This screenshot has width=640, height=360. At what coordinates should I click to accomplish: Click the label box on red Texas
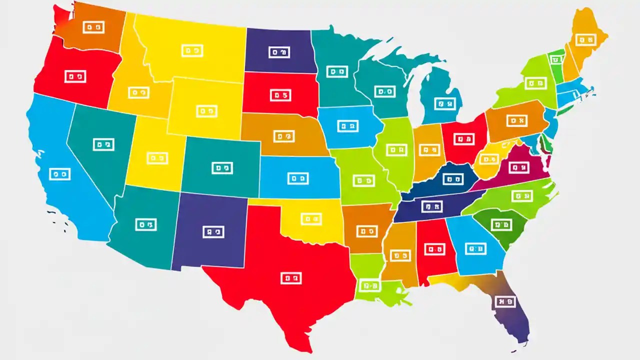point(291,278)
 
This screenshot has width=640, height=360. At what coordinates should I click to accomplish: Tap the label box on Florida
point(504,301)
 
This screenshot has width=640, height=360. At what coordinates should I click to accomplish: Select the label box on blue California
point(60,174)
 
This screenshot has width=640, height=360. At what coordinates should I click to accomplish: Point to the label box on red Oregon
point(75,76)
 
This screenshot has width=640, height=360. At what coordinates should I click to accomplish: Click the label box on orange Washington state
point(93,28)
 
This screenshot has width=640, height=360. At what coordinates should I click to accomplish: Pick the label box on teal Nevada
point(104,144)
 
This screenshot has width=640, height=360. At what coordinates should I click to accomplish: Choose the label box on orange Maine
point(585,39)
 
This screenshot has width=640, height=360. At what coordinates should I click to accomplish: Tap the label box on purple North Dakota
point(279,52)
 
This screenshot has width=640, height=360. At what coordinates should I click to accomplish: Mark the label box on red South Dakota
point(280,95)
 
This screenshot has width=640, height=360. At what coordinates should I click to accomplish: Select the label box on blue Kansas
point(298,178)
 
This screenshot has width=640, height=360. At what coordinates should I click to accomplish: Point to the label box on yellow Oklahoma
point(311,219)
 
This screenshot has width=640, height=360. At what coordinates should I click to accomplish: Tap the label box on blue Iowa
point(347,126)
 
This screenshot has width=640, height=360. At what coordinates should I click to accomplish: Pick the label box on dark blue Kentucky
point(452,178)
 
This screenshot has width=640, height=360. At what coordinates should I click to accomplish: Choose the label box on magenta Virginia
point(517,168)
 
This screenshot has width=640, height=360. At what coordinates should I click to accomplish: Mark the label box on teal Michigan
point(445,103)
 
